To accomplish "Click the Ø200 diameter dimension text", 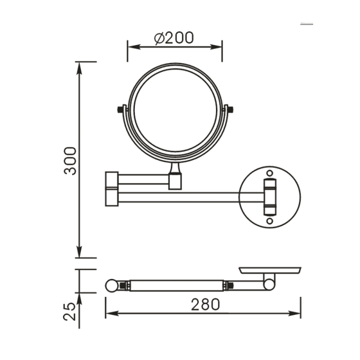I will [x=174, y=38].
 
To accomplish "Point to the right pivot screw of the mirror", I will [x=230, y=110].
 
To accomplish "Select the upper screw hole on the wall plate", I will [x=270, y=174].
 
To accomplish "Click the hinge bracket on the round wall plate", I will [x=270, y=196].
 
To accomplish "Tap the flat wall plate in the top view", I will [x=270, y=270].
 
